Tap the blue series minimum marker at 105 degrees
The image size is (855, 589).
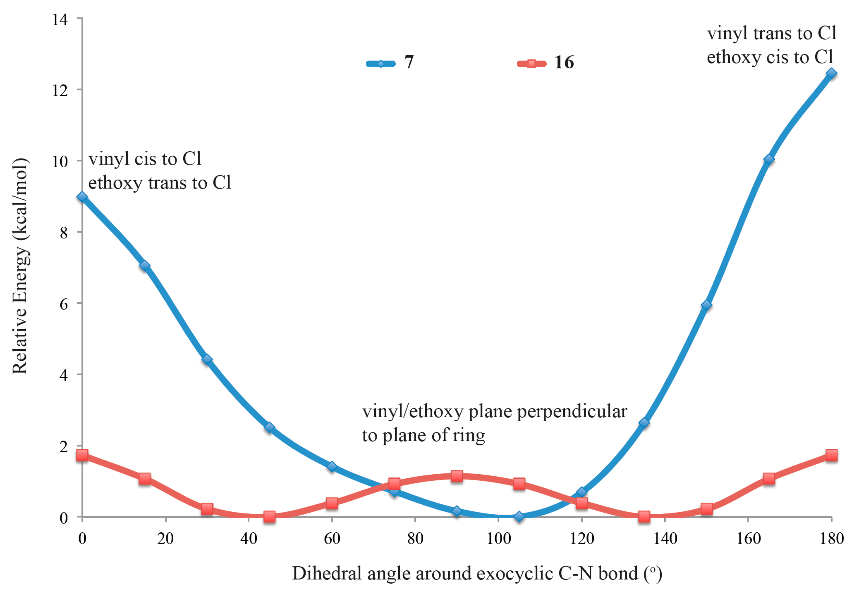(x=519, y=516)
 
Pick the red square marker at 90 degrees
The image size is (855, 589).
(x=457, y=476)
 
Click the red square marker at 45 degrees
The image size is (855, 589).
(x=269, y=516)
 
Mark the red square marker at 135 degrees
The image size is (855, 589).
(x=644, y=516)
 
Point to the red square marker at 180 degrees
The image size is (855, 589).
(x=831, y=455)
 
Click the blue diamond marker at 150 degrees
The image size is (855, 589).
(x=706, y=305)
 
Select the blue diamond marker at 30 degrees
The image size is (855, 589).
(x=207, y=359)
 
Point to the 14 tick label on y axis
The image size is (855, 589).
(x=60, y=19)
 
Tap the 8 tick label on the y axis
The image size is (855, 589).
(x=64, y=233)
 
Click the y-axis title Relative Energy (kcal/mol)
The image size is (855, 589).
(x=20, y=266)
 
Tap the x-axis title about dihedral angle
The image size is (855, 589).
(x=477, y=573)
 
